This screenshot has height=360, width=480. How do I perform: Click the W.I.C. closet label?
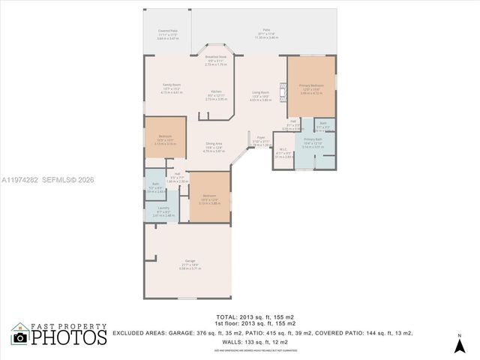tap(280, 152)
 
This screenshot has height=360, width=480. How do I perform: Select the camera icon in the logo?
tap(20, 338)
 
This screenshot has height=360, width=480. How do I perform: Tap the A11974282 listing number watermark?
tap(25, 179)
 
